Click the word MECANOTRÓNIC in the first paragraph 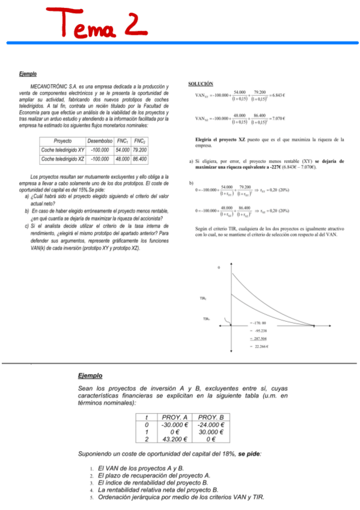49,87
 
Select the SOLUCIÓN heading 200,84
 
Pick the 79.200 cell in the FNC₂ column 139,149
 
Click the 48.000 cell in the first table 122,159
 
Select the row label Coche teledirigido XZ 63,159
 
